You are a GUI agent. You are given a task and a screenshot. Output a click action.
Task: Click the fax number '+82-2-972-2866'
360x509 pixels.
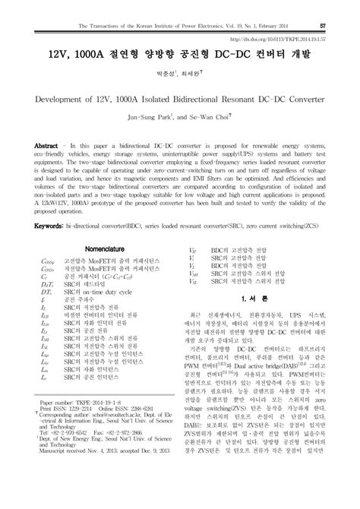click(111, 466)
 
